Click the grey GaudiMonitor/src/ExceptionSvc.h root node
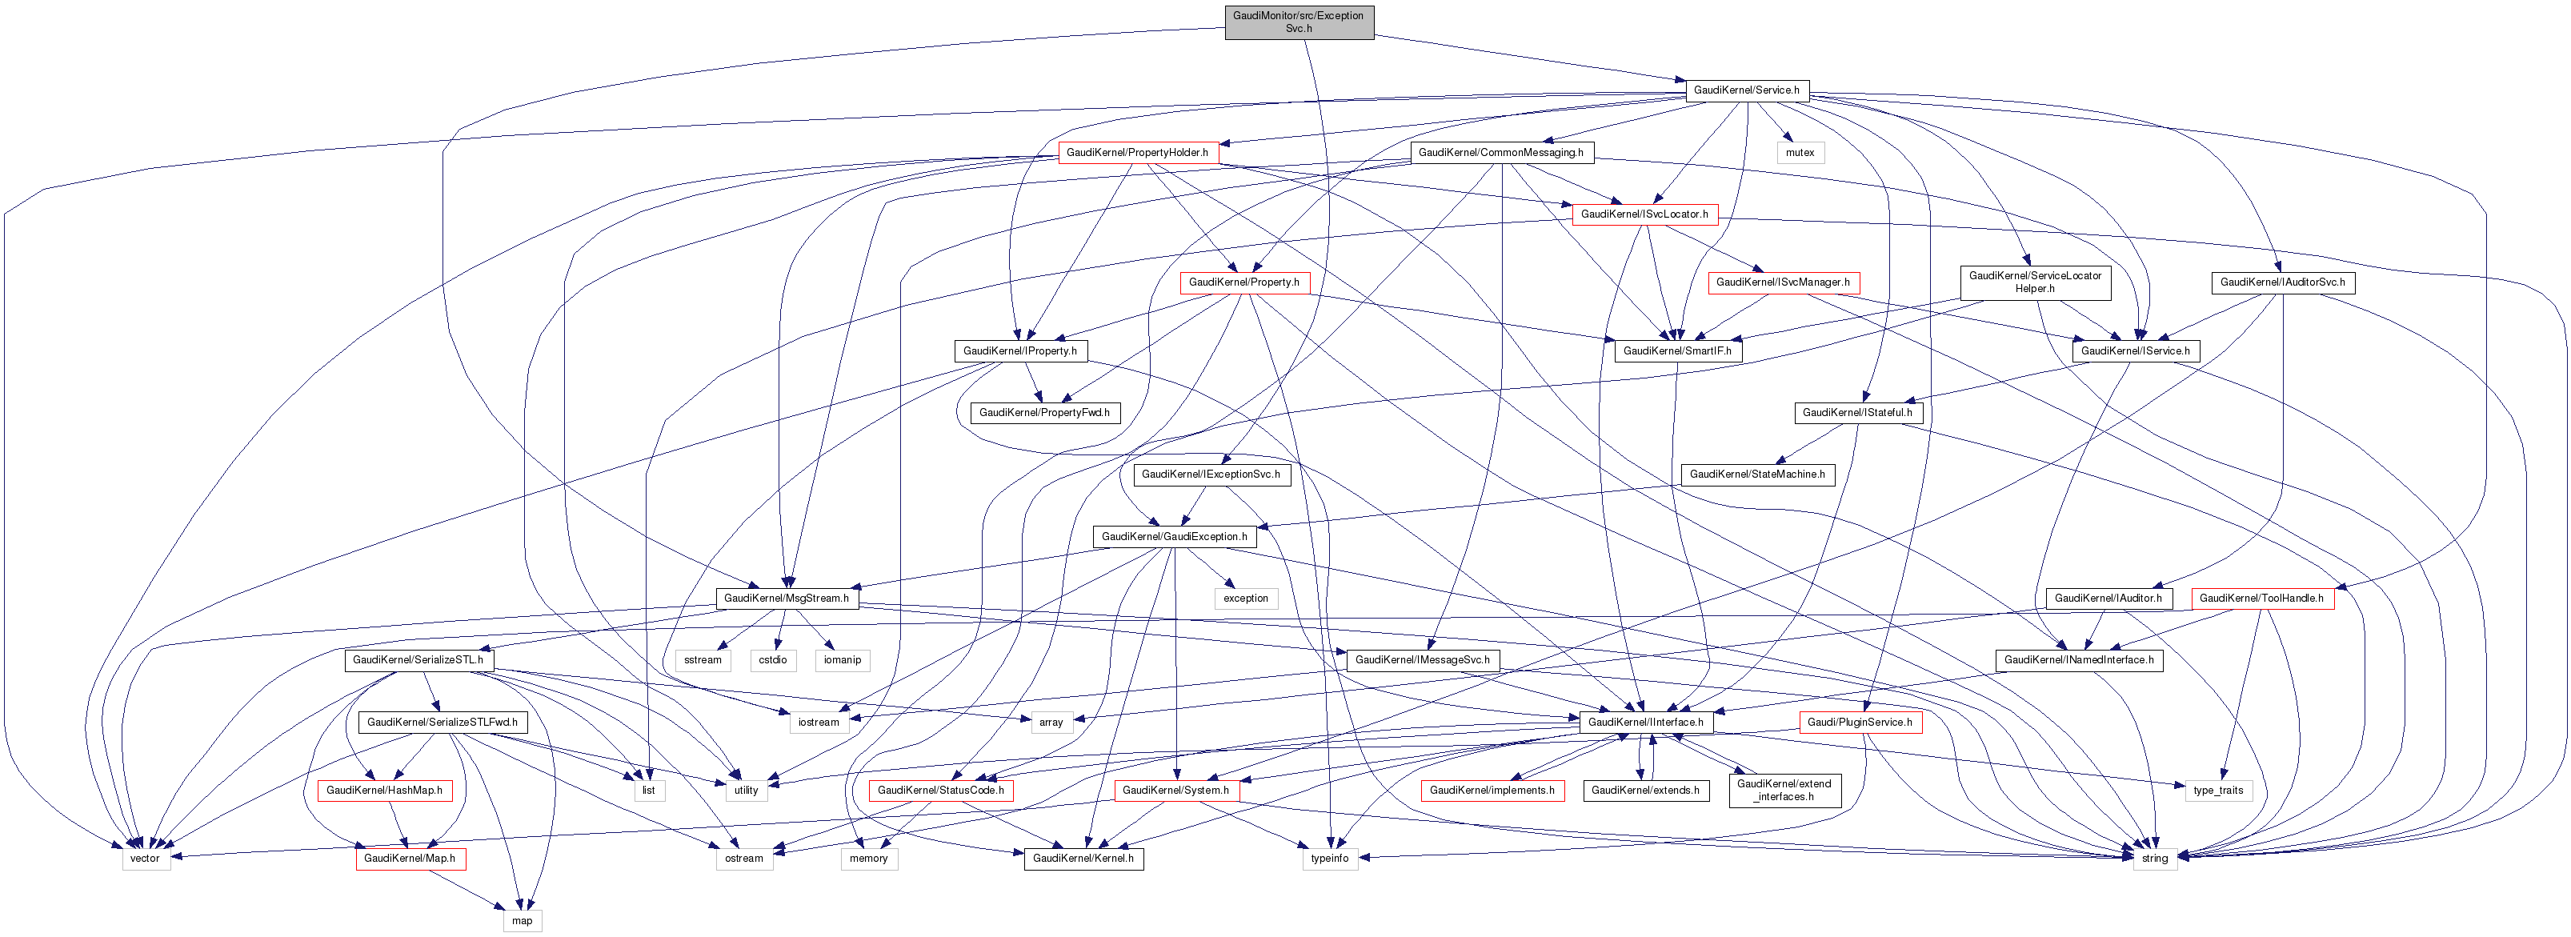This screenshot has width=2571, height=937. point(1299,22)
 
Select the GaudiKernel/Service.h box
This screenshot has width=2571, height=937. point(1745,90)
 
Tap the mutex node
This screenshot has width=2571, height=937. point(1800,153)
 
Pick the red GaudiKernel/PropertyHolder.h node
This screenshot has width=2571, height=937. point(1137,153)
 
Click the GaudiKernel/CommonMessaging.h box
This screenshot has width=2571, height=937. point(1500,153)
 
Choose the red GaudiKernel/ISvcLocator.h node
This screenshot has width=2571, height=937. point(1644,214)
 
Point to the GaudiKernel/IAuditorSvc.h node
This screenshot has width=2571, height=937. point(2281,282)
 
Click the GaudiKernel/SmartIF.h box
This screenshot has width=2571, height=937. point(1676,351)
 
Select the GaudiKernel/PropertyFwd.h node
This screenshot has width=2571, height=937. point(1044,413)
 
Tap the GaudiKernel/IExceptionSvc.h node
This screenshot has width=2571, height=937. point(1210,474)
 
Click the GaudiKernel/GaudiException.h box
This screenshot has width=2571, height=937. point(1174,537)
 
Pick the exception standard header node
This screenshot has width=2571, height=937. point(1246,599)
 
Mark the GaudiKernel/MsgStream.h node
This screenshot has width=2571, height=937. point(786,599)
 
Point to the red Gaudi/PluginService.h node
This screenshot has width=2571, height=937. point(1860,723)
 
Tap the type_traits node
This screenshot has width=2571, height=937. point(2217,791)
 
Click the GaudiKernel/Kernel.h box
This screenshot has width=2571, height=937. point(1083,858)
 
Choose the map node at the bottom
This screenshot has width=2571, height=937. point(522,920)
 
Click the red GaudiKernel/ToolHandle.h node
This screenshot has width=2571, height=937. point(2261,599)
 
